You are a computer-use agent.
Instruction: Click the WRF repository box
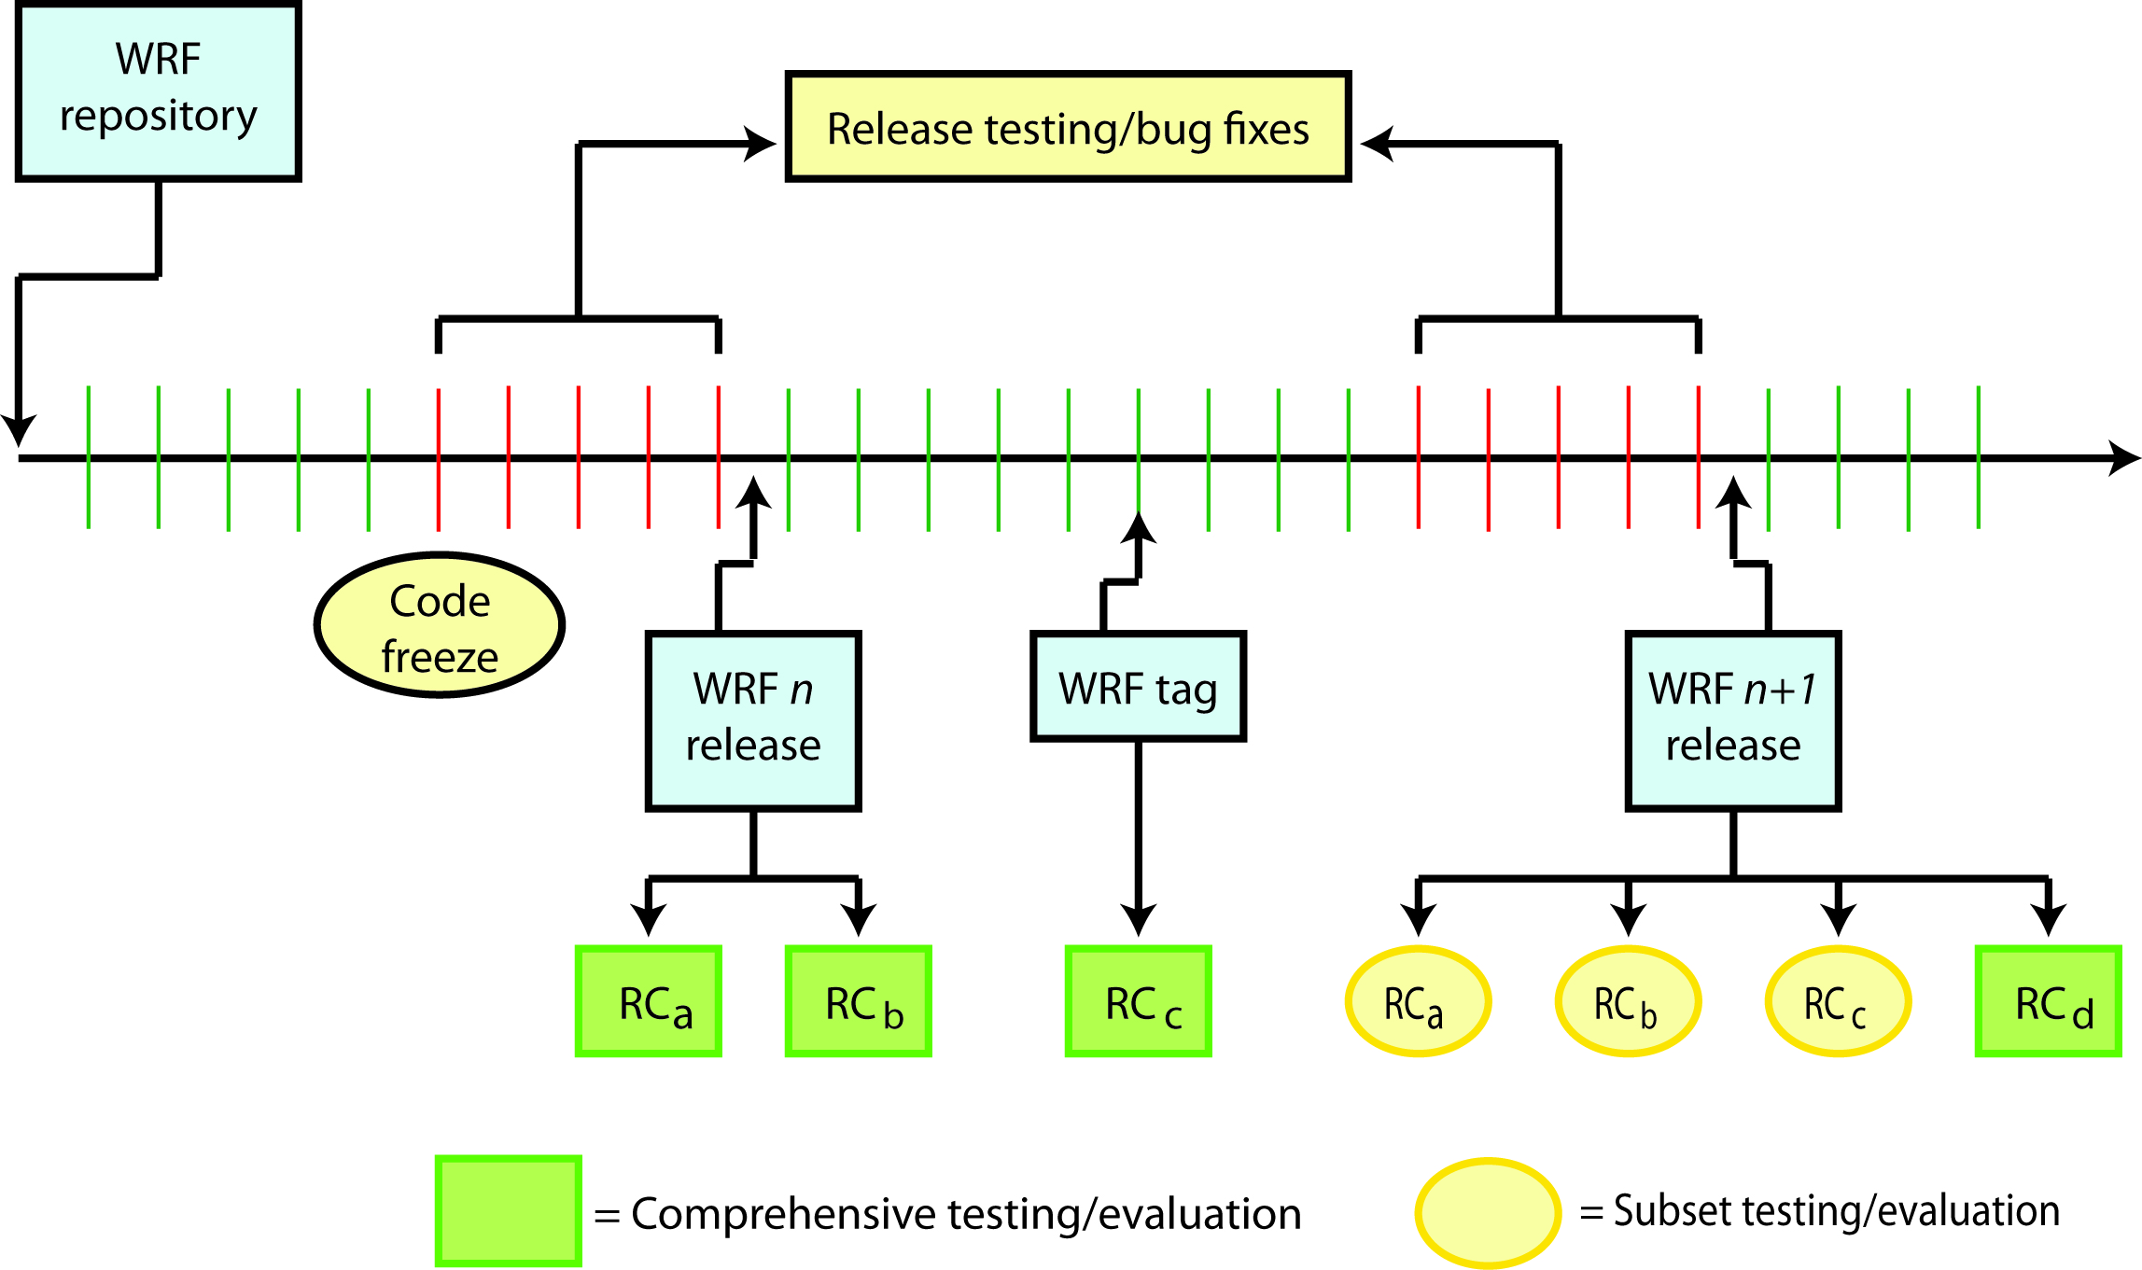tap(158, 91)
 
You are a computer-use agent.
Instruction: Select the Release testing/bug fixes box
tap(1068, 127)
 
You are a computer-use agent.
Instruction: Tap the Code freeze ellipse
tap(440, 625)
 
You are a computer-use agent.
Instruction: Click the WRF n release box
tap(752, 720)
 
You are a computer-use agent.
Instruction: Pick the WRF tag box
tap(1138, 687)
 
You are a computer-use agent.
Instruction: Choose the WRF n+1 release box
tap(1732, 720)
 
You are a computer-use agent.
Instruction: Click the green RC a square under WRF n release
tap(649, 1001)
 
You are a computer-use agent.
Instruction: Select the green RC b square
tap(859, 1001)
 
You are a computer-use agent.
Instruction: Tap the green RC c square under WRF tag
tap(1139, 1001)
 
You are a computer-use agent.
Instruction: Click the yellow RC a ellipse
tap(1418, 1001)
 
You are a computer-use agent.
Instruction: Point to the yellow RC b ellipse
tap(1628, 1001)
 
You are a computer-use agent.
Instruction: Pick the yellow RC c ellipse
tap(1838, 1001)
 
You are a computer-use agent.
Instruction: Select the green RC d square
tap(2049, 1001)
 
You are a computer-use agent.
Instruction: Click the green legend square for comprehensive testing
tap(509, 1210)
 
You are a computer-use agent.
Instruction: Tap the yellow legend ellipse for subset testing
tap(1488, 1212)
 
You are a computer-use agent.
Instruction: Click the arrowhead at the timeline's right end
tap(2123, 458)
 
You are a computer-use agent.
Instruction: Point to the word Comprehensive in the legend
tap(783, 1214)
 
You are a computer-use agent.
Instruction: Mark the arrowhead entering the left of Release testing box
tap(761, 144)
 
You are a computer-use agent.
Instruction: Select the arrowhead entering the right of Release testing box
tap(1378, 144)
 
